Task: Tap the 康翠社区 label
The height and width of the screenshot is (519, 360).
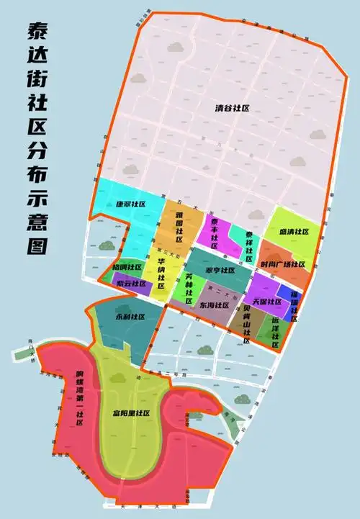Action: [130, 204]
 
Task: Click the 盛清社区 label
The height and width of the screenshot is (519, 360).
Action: [294, 232]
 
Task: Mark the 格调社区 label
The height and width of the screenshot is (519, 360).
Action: [127, 266]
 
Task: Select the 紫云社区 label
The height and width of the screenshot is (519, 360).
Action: [130, 284]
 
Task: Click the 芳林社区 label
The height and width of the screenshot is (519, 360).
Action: [189, 289]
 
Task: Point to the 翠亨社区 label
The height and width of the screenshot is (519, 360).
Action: [220, 271]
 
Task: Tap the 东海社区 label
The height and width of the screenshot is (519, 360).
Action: [215, 305]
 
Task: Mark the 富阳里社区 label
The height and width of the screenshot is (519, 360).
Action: [130, 413]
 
